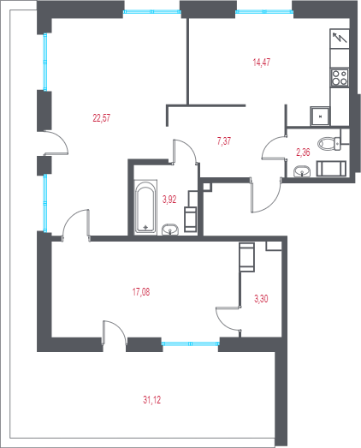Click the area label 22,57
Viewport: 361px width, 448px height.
coord(101,117)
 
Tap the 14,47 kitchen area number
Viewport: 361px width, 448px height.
coord(262,62)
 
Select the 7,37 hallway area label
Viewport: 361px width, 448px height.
coord(224,140)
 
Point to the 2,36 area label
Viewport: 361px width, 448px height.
coord(303,152)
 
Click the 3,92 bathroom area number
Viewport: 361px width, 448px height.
coord(169,199)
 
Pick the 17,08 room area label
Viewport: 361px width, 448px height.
coord(141,292)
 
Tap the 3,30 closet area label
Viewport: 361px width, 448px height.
coord(261,299)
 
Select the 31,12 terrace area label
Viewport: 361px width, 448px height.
coord(151,400)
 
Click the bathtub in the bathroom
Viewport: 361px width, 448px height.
coord(145,207)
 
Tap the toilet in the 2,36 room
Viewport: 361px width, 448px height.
coord(329,144)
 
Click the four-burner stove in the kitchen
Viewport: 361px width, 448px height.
coord(340,78)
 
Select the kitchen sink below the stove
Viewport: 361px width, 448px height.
coord(321,116)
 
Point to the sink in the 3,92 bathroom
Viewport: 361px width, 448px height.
coord(170,230)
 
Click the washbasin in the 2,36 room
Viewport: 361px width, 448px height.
coord(302,171)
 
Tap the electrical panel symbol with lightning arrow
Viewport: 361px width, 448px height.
coord(340,39)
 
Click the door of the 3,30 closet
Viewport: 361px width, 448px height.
coord(228,320)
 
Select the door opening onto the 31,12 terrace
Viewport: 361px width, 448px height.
coord(114,333)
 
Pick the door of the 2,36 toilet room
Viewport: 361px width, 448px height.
coord(274,147)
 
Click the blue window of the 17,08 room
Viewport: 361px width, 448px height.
coord(191,343)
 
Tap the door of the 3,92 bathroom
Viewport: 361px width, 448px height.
coord(185,152)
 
